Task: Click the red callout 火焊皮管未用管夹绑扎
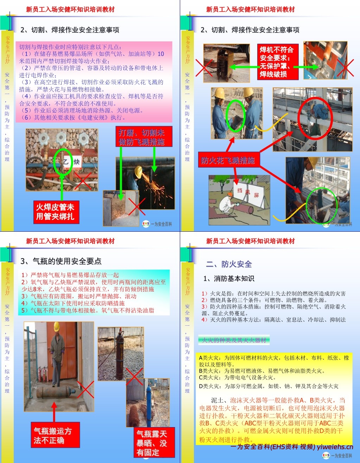click(55, 212)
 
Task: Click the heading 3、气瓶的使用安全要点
click(61, 261)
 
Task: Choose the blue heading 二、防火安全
click(229, 264)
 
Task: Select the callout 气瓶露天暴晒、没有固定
click(152, 443)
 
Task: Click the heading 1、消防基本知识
click(229, 279)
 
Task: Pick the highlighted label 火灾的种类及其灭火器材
click(234, 340)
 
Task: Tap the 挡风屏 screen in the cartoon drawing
click(251, 193)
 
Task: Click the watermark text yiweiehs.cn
click(335, 447)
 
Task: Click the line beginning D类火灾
click(269, 386)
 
